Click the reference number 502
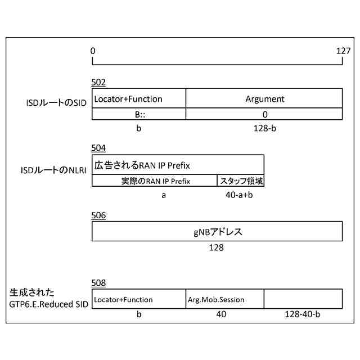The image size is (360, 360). point(98,83)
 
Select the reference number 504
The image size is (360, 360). point(98,148)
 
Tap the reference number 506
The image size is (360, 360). point(98,215)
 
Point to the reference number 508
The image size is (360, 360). point(98,283)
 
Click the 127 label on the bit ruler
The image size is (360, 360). point(343,51)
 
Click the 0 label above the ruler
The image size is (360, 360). point(93,51)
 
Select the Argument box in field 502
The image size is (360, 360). point(264,99)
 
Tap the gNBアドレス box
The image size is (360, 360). point(217,231)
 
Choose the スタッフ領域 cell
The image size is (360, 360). point(241,181)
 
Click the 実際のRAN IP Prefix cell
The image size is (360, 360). point(155,181)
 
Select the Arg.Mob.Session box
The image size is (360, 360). point(224,299)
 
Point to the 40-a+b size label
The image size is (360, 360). point(240,195)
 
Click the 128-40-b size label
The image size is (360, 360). point(303,314)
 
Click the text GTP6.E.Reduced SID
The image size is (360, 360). point(48,304)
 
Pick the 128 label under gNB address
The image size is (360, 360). point(217,247)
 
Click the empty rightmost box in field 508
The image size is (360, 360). point(303,298)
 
